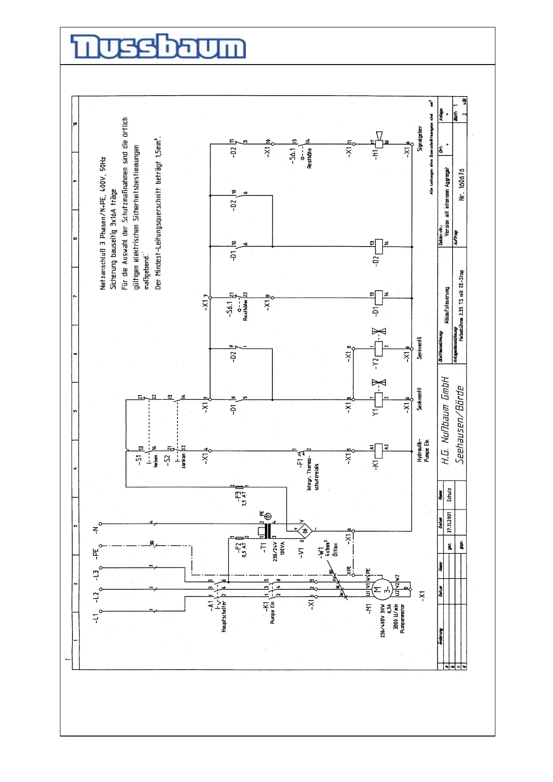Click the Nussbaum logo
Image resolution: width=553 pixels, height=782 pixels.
coord(158,47)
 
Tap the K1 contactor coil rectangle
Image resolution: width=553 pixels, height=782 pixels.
coord(379,450)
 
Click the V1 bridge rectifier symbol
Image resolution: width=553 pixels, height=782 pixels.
coord(305,530)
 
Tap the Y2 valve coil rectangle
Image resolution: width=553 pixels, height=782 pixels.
coord(379,348)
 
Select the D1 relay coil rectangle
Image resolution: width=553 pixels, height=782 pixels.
coord(379,298)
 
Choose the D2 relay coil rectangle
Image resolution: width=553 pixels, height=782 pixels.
coord(379,247)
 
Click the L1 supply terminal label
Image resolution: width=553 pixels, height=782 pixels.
coord(96,618)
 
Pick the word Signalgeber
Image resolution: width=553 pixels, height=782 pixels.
coord(420,139)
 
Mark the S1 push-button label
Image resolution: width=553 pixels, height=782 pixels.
coord(138,459)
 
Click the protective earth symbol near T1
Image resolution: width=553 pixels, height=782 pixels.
coord(268,516)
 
